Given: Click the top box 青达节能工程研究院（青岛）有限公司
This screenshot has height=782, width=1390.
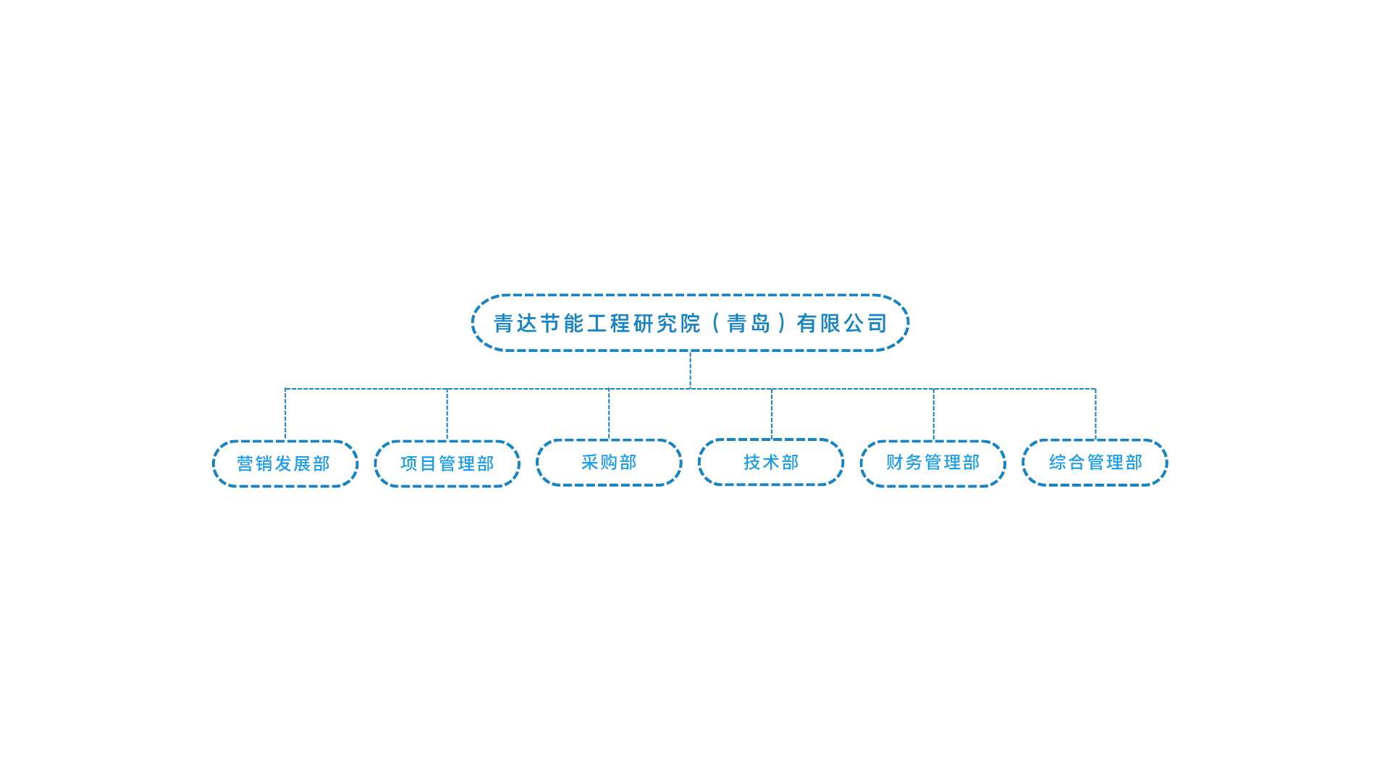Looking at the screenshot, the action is click(x=690, y=323).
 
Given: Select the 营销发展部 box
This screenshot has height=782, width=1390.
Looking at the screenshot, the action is click(x=285, y=463).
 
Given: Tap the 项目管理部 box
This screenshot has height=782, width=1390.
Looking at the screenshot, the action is click(x=447, y=463).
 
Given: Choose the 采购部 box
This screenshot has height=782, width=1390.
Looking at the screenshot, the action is click(x=609, y=462).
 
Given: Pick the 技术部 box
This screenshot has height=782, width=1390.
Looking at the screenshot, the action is click(x=771, y=462).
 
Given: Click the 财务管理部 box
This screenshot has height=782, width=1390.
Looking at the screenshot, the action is click(x=933, y=463).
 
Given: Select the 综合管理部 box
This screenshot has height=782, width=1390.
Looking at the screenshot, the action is click(x=1095, y=462).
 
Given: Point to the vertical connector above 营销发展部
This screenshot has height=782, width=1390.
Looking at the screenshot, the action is click(x=285, y=414).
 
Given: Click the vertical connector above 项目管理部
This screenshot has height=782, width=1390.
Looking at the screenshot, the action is click(x=447, y=414).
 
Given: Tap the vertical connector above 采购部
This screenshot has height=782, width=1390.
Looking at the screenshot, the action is click(x=609, y=413).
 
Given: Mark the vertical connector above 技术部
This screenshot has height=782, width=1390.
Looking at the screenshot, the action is click(x=772, y=413).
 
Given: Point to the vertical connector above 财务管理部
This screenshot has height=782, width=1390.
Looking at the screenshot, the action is click(x=934, y=414).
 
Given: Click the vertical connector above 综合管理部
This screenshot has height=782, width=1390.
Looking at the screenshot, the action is click(x=1095, y=413).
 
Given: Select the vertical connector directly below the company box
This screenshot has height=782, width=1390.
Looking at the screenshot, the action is click(x=690, y=370).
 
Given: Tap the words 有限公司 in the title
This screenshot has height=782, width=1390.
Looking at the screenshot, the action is click(x=842, y=323).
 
